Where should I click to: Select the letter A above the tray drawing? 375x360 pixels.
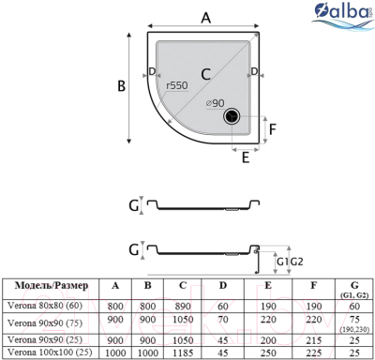(x=205, y=16)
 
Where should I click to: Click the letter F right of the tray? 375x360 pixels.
(x=273, y=129)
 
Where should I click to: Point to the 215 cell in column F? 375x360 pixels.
(x=312, y=337)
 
